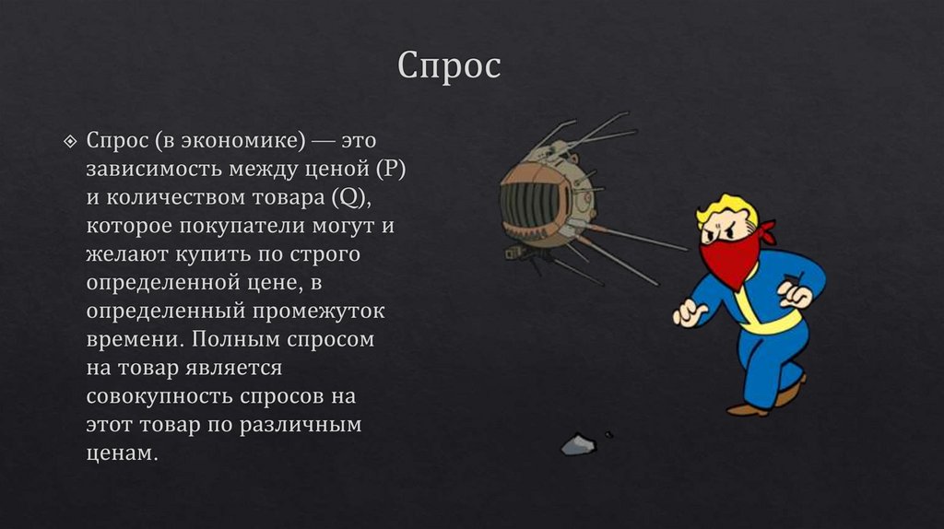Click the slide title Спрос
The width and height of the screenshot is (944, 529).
[x=449, y=65]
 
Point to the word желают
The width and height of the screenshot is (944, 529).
[x=123, y=253]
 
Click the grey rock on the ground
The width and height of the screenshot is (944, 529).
[x=579, y=444]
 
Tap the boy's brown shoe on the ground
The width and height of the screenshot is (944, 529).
[x=748, y=408]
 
